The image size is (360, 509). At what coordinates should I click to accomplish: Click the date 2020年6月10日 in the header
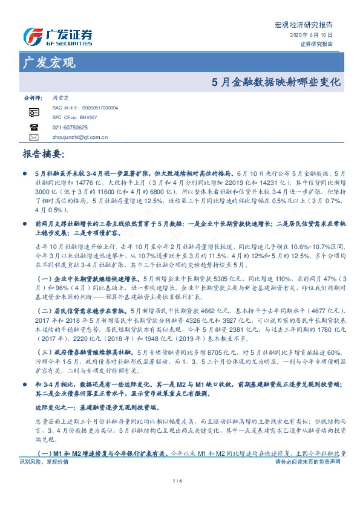pyautogui.click(x=316, y=36)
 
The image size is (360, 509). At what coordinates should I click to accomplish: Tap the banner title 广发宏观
pyautogui.click(x=48, y=62)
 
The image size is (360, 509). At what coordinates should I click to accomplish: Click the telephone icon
pyautogui.click(x=34, y=127)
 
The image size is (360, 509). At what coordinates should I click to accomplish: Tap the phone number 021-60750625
pyautogui.click(x=70, y=128)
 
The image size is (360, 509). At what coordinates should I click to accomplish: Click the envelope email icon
pyautogui.click(x=34, y=137)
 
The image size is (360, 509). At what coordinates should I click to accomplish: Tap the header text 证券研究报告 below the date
pyautogui.click(x=316, y=44)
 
